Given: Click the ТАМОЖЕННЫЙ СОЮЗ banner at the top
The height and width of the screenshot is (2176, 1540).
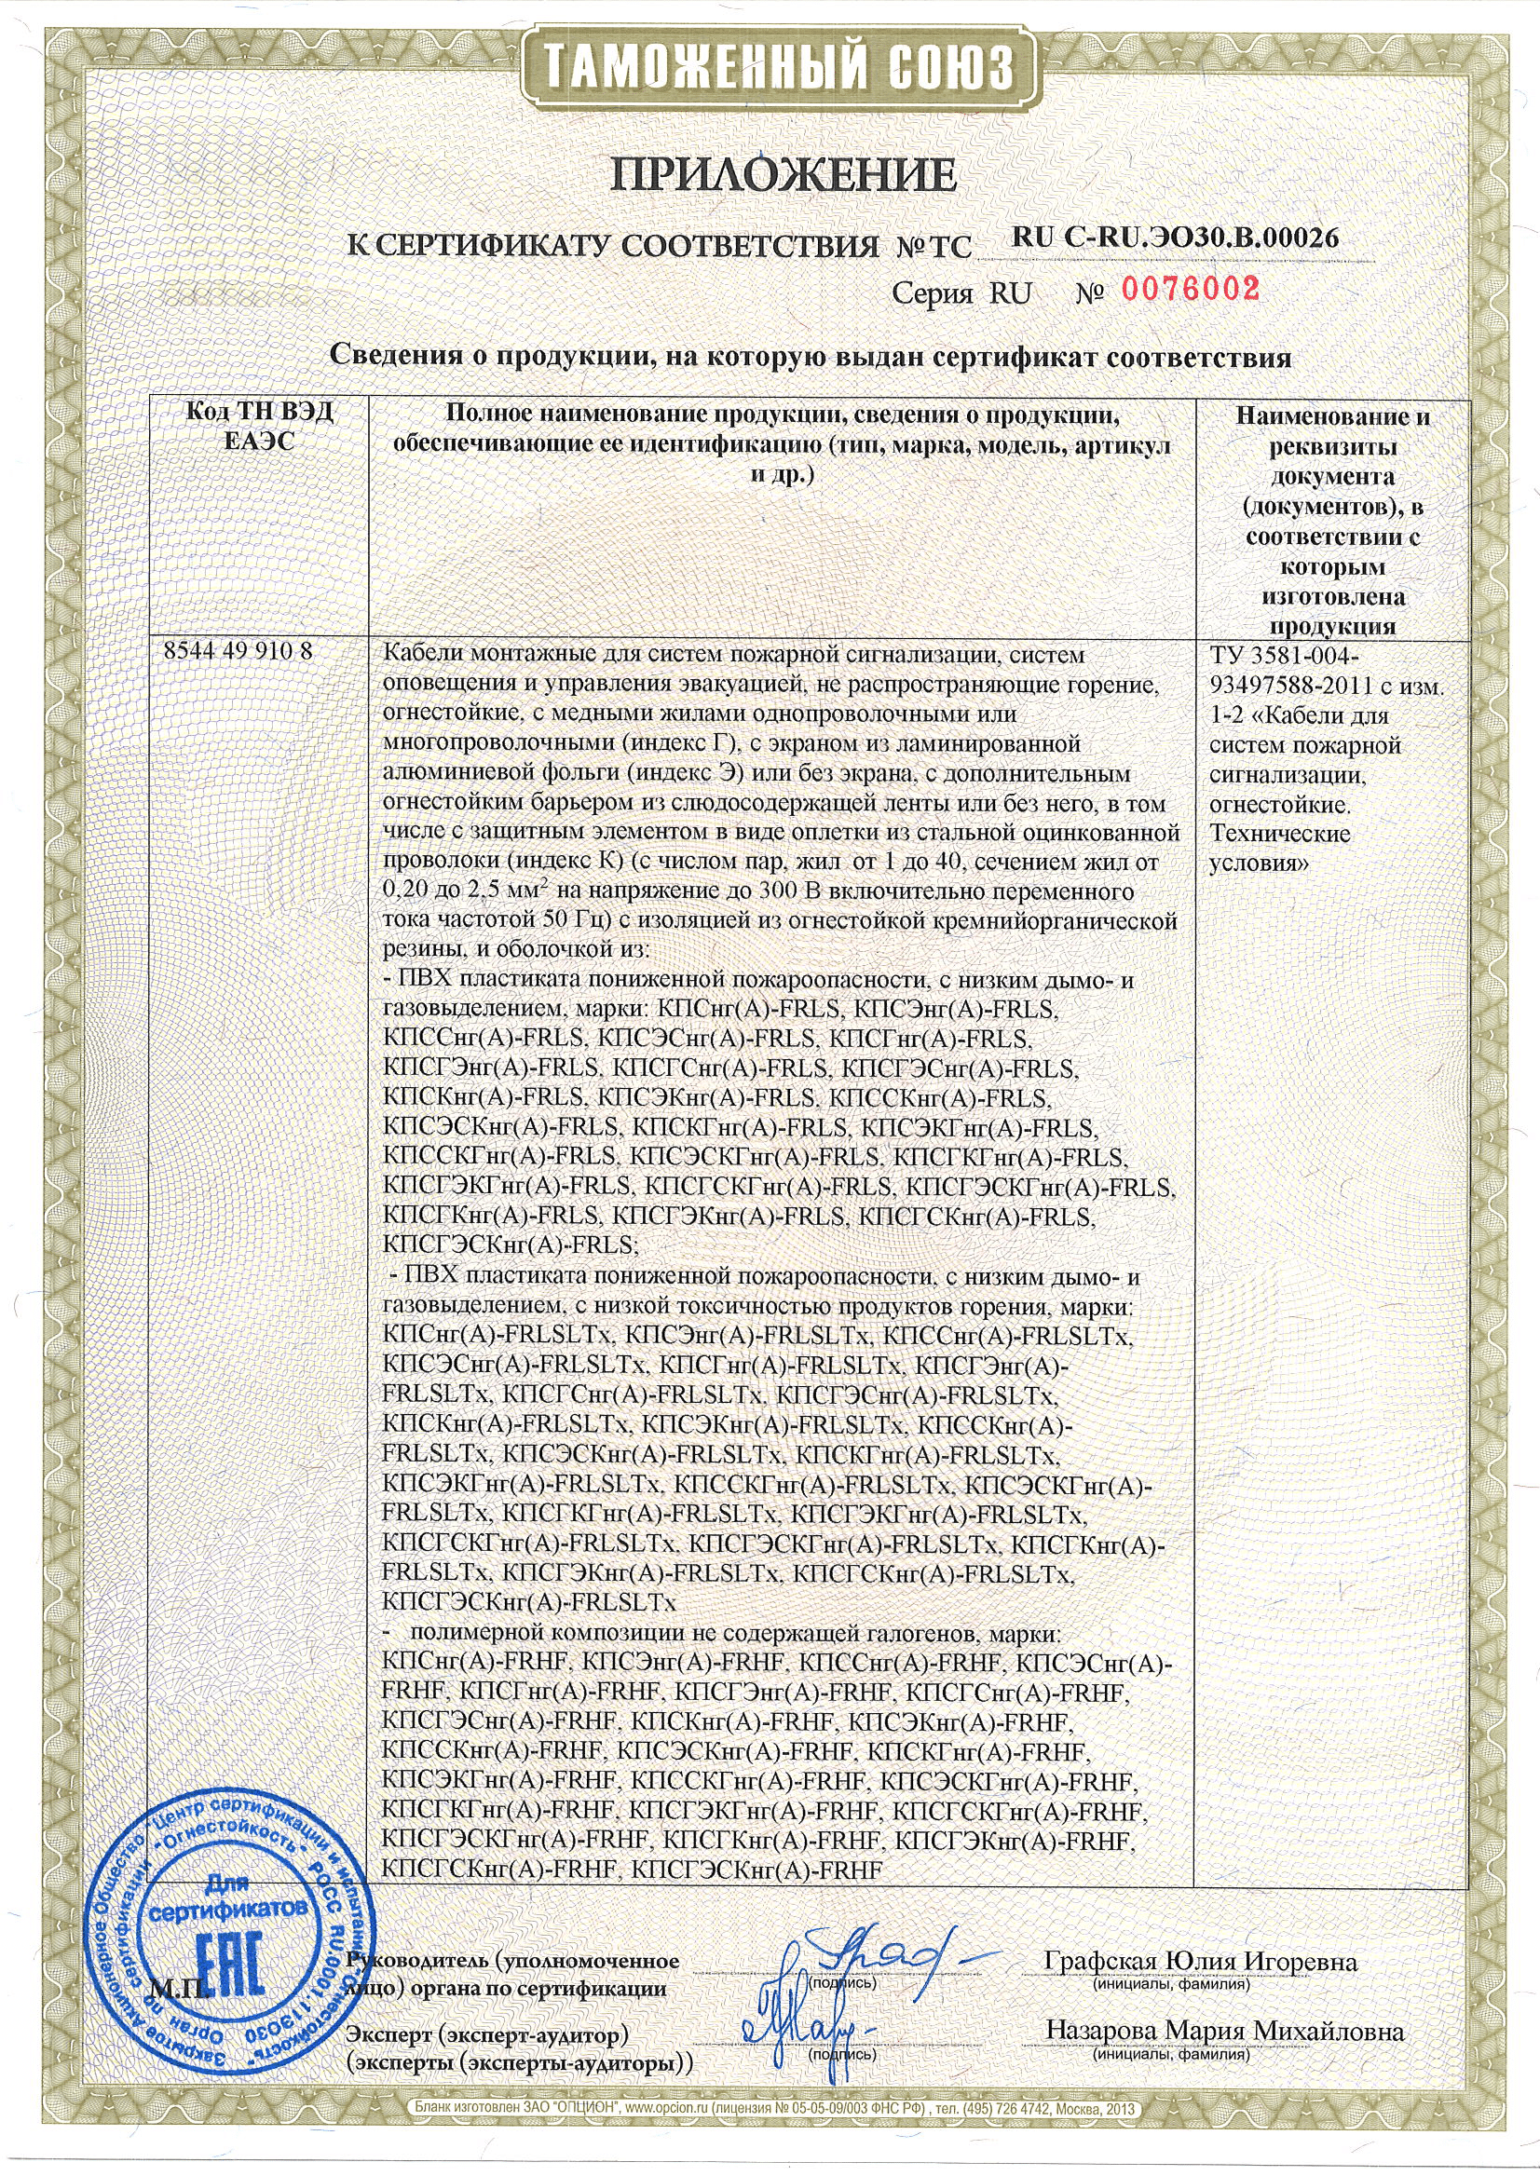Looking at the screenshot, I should [769, 68].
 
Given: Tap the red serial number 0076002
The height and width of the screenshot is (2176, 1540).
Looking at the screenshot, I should [1191, 290].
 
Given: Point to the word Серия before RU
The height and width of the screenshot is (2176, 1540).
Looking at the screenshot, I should [934, 293].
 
